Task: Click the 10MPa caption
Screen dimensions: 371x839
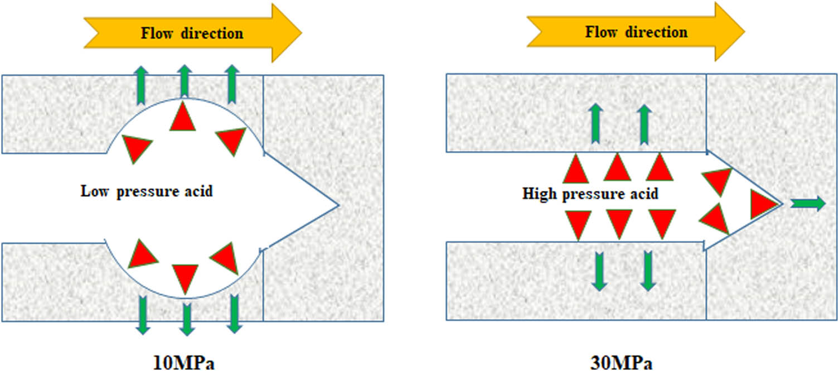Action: [x=184, y=363]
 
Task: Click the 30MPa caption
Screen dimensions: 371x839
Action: [x=621, y=363]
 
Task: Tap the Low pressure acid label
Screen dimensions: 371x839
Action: [x=147, y=191]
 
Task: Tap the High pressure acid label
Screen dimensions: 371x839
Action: [x=590, y=194]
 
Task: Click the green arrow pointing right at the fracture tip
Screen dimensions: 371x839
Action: [x=808, y=204]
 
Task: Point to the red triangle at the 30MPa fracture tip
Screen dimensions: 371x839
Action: [x=763, y=204]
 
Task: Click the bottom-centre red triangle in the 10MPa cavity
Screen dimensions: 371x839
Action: [x=185, y=277]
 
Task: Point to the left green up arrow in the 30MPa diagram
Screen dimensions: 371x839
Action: [x=596, y=123]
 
